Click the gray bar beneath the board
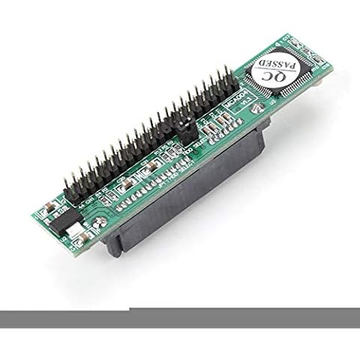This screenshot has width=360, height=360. point(180,313)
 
